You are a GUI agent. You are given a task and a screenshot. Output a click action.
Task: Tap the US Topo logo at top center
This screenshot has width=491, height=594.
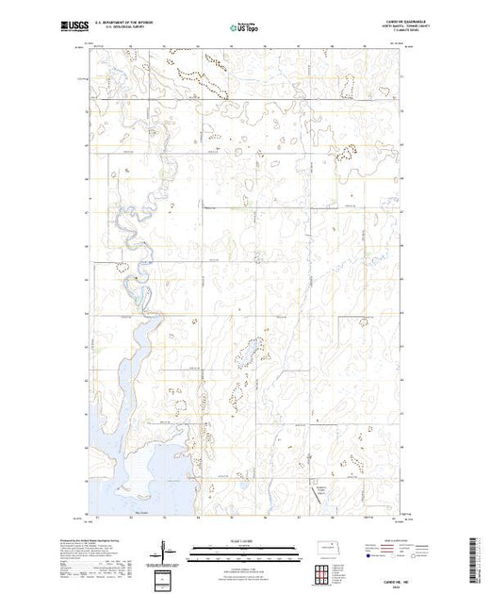[x=245, y=28]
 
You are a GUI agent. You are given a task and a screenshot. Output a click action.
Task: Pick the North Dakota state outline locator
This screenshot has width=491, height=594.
[x=334, y=548]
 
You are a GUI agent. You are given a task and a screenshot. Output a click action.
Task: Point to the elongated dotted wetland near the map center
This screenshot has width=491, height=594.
[x=252, y=353]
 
